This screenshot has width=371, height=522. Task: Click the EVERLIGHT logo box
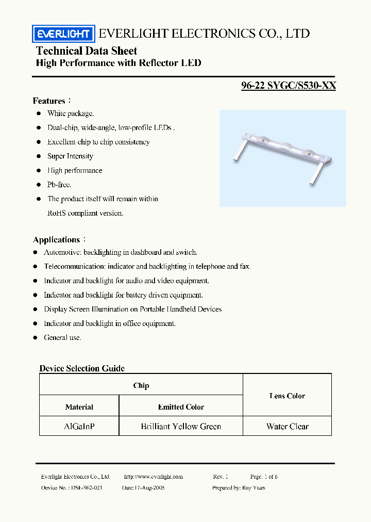pos(63,35)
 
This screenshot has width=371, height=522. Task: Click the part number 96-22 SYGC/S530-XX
pos(289,86)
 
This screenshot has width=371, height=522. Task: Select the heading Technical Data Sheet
pos(87,51)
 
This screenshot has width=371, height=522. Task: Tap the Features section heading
pos(49,101)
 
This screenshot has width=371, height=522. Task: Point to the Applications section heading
pos(57,239)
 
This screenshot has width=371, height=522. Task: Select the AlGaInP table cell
pos(79,427)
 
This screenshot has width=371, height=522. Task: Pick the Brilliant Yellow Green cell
pos(181,427)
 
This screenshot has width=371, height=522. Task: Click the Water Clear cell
pos(288,427)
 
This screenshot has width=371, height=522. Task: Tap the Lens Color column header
pos(287,396)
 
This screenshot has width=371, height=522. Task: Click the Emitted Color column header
pos(181,407)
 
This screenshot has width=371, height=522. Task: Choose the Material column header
pos(79,407)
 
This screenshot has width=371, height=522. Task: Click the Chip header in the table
pos(141,385)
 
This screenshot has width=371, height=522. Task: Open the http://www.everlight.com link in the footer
pos(154,477)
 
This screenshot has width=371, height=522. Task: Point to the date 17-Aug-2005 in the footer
pos(143,487)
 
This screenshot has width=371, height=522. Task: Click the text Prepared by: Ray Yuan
pos(239,487)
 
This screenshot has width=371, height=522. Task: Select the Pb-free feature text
pos(59,184)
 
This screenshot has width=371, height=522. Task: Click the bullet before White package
pos(38,113)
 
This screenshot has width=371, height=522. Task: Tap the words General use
pos(62,337)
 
